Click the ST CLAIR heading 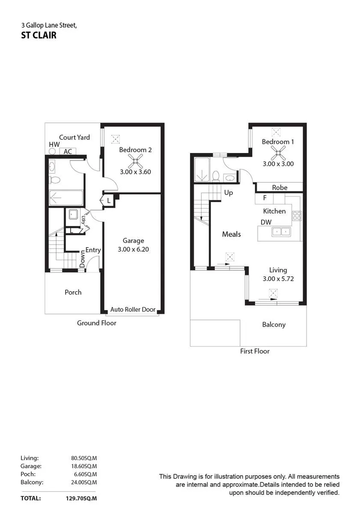click(x=39, y=35)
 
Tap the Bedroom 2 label click(x=135, y=150)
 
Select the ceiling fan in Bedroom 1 click(x=278, y=152)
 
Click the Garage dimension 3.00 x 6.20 click(x=133, y=249)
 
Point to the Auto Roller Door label click(x=133, y=309)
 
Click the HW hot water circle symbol click(x=52, y=152)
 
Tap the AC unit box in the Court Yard click(x=68, y=152)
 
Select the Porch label click(x=73, y=292)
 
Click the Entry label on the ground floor click(x=93, y=250)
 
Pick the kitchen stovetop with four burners click(x=297, y=216)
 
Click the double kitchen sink click(x=281, y=232)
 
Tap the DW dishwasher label click(x=266, y=222)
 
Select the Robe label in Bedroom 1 click(x=280, y=188)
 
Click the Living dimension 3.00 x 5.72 click(x=278, y=278)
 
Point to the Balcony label click(x=274, y=325)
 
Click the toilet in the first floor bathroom click(x=216, y=176)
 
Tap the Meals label click(x=231, y=234)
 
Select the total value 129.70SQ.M click(x=81, y=498)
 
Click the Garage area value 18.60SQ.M click(x=84, y=466)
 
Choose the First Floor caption click(x=255, y=351)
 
